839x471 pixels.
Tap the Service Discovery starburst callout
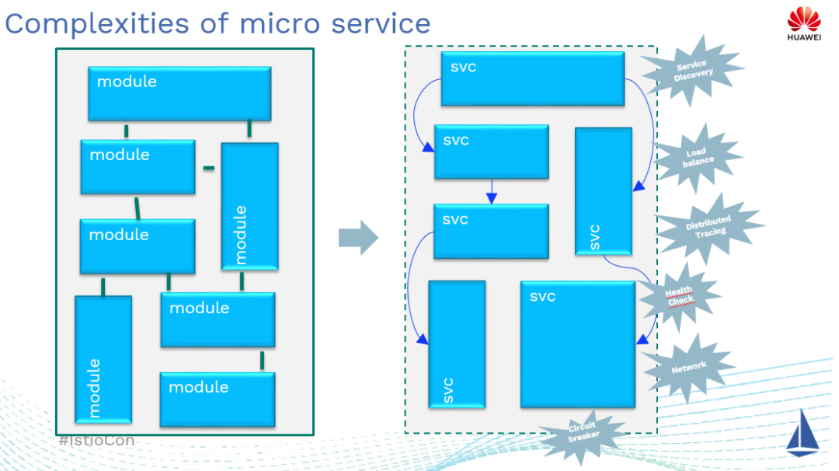(692, 70)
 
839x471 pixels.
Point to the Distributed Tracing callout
(708, 227)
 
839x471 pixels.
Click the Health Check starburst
(679, 296)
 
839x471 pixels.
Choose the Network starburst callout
(688, 366)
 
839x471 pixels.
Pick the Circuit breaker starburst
(583, 433)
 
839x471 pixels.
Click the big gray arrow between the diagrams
(357, 237)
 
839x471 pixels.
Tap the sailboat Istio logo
(802, 431)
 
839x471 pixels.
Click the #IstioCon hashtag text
(96, 441)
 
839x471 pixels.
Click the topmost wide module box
(179, 93)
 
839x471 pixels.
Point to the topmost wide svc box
(532, 78)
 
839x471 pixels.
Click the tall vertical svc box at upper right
(603, 191)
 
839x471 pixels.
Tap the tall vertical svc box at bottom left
(457, 344)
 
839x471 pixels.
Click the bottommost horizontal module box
(217, 399)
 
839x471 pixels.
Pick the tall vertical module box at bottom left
(103, 358)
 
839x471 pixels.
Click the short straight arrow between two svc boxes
(491, 191)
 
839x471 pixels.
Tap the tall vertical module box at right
(249, 206)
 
